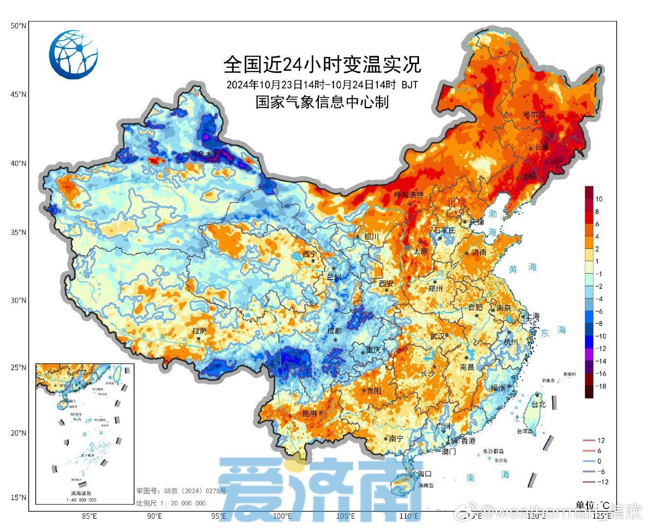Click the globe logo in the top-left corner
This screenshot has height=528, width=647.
click(x=73, y=54)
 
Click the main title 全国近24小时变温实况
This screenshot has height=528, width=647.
click(x=322, y=64)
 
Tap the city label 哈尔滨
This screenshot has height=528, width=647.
click(x=534, y=114)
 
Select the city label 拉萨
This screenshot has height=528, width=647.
click(x=200, y=331)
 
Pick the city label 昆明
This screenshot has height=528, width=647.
click(x=310, y=413)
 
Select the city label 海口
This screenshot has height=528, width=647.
click(x=424, y=473)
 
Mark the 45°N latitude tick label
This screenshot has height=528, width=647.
click(x=18, y=94)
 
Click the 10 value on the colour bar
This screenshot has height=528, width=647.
click(x=599, y=199)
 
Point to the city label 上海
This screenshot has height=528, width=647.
click(x=532, y=316)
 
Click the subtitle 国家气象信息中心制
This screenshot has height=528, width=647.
click(x=322, y=102)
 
